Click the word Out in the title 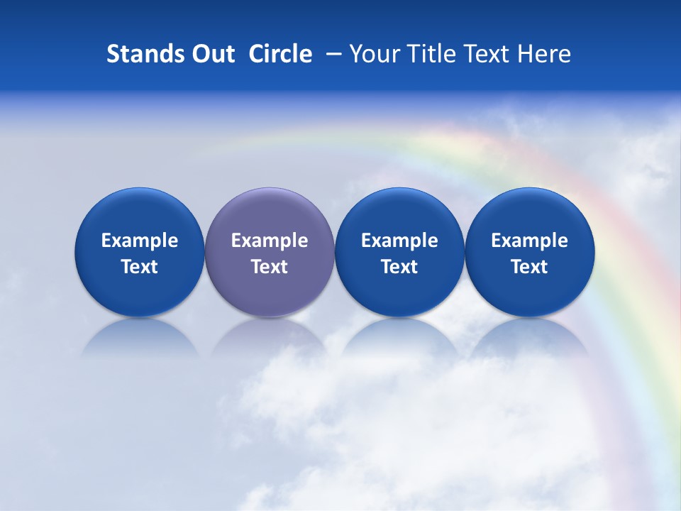pyautogui.click(x=211, y=54)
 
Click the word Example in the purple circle pyautogui.click(x=270, y=241)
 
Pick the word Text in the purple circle pyautogui.click(x=270, y=267)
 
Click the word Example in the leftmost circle pyautogui.click(x=139, y=241)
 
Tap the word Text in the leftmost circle pyautogui.click(x=139, y=267)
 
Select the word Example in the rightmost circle pyautogui.click(x=530, y=241)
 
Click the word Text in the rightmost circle pyautogui.click(x=530, y=267)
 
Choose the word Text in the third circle pyautogui.click(x=399, y=267)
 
